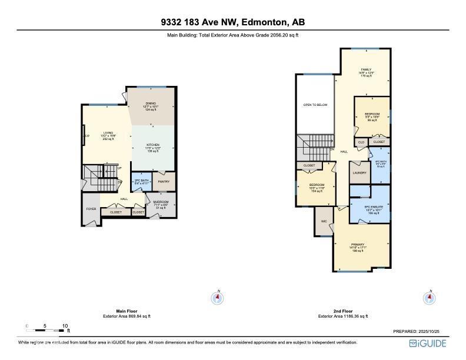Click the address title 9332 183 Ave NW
pos(232,23)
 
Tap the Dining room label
pos(151,104)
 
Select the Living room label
pos(108,133)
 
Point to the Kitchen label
pos(153,145)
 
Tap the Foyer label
pos(91,209)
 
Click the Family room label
pos(366,69)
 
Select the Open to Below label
pos(315,105)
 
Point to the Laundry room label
pos(360,173)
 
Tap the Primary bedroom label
pos(358,244)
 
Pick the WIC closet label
pos(324,222)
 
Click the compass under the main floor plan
pos(218,298)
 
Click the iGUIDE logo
pos(429,343)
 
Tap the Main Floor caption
pos(127,311)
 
